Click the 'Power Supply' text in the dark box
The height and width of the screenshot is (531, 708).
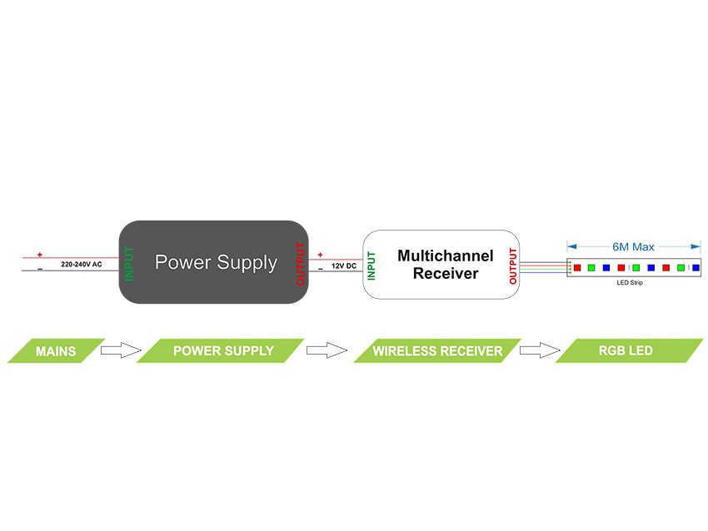[x=216, y=262]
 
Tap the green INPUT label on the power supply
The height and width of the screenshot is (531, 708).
[x=129, y=263]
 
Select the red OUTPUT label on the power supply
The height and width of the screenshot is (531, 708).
[x=301, y=264]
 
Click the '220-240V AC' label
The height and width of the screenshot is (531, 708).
[x=82, y=264]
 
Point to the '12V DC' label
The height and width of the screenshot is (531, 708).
[x=344, y=265]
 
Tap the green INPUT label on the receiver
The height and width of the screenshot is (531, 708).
[x=372, y=265]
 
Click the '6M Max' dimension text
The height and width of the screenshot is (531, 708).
[x=633, y=246]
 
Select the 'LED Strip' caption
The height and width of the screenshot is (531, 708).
[x=630, y=283]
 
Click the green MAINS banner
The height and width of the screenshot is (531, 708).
[x=56, y=351]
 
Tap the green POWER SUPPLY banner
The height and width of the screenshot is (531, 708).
[x=222, y=350]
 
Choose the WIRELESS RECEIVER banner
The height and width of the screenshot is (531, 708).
[x=437, y=351]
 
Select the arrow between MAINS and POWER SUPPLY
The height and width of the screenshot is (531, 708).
[x=121, y=350]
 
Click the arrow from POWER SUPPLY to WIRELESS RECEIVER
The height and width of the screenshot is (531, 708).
[x=327, y=350]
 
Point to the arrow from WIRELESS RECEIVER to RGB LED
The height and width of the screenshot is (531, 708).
[x=539, y=350]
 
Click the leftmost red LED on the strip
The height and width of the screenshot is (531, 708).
[x=576, y=268]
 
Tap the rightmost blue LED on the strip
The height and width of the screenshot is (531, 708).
[x=696, y=268]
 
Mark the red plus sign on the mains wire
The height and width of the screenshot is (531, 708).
[x=39, y=254]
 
